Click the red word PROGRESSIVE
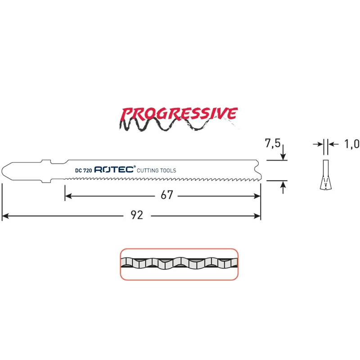[179, 114]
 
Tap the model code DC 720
[83, 171]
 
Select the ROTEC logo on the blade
[115, 169]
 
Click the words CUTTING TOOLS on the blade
[156, 171]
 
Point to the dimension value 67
[166, 195]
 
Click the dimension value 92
[137, 215]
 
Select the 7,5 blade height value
[273, 143]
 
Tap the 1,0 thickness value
[352, 144]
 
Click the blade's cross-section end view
[325, 175]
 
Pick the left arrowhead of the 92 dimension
[5, 216]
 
